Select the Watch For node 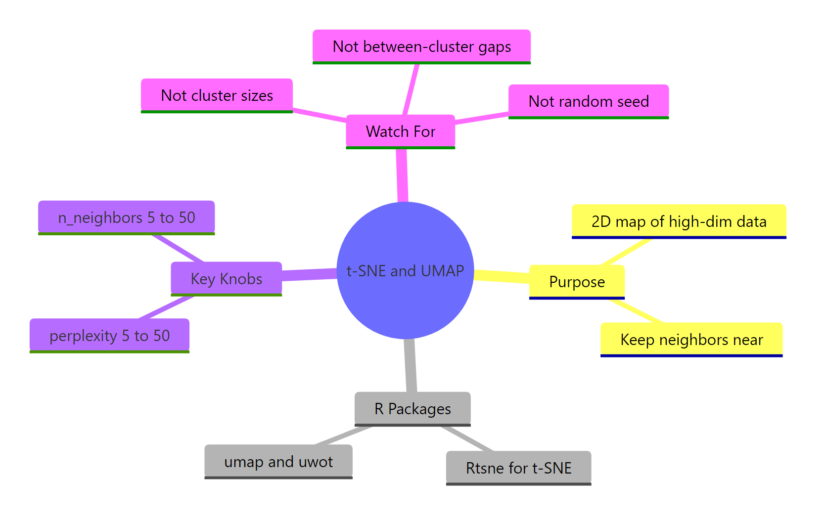pos(400,131)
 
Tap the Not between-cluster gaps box pos(421,46)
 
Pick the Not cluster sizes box pos(217,95)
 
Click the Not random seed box pos(588,101)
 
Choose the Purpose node pos(577,282)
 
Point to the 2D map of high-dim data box pos(679,221)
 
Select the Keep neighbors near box pos(691,340)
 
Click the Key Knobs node pos(226,278)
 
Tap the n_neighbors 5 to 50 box pos(126,217)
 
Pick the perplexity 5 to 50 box pos(109,335)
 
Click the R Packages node pos(412,408)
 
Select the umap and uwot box pos(278,461)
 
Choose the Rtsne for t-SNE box pos(518,468)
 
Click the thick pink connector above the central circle pos(402,175)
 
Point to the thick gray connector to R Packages pos(410,366)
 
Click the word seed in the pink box pos(633,101)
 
